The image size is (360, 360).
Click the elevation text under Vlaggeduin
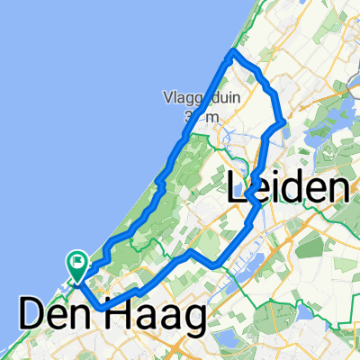click(200, 117)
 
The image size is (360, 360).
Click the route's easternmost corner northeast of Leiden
click(283, 120)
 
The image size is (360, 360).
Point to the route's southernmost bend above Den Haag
click(102, 308)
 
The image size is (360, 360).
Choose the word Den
click(59, 318)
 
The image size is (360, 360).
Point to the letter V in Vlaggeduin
click(168, 97)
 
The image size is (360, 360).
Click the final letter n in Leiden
click(337, 189)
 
